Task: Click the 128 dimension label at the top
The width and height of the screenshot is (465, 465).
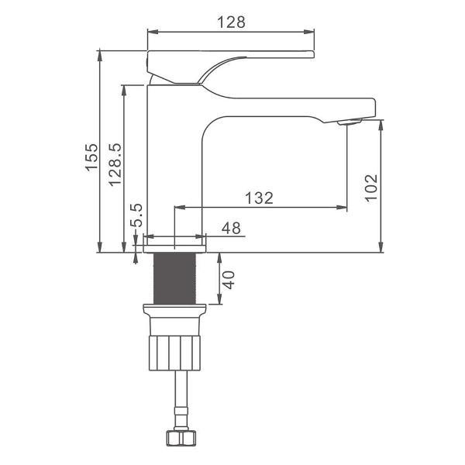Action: click(x=231, y=22)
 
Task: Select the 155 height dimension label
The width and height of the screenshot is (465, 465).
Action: click(x=91, y=157)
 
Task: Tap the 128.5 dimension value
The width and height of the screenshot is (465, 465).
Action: click(x=115, y=164)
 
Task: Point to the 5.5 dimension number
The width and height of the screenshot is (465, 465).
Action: click(x=137, y=215)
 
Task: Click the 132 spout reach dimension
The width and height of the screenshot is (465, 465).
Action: click(x=259, y=198)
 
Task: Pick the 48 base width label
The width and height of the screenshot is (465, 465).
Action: click(x=231, y=228)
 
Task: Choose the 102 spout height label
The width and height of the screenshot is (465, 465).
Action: click(x=371, y=188)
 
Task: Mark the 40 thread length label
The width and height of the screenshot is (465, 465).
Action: click(x=229, y=280)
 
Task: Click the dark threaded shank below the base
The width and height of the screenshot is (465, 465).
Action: click(x=174, y=278)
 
